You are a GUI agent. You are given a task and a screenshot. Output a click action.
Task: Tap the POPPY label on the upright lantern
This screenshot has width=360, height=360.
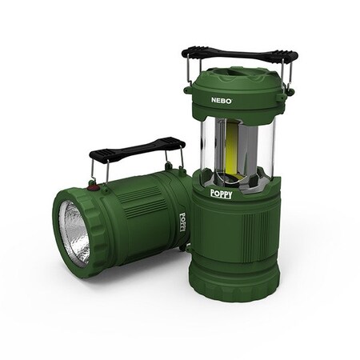(x=221, y=194)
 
